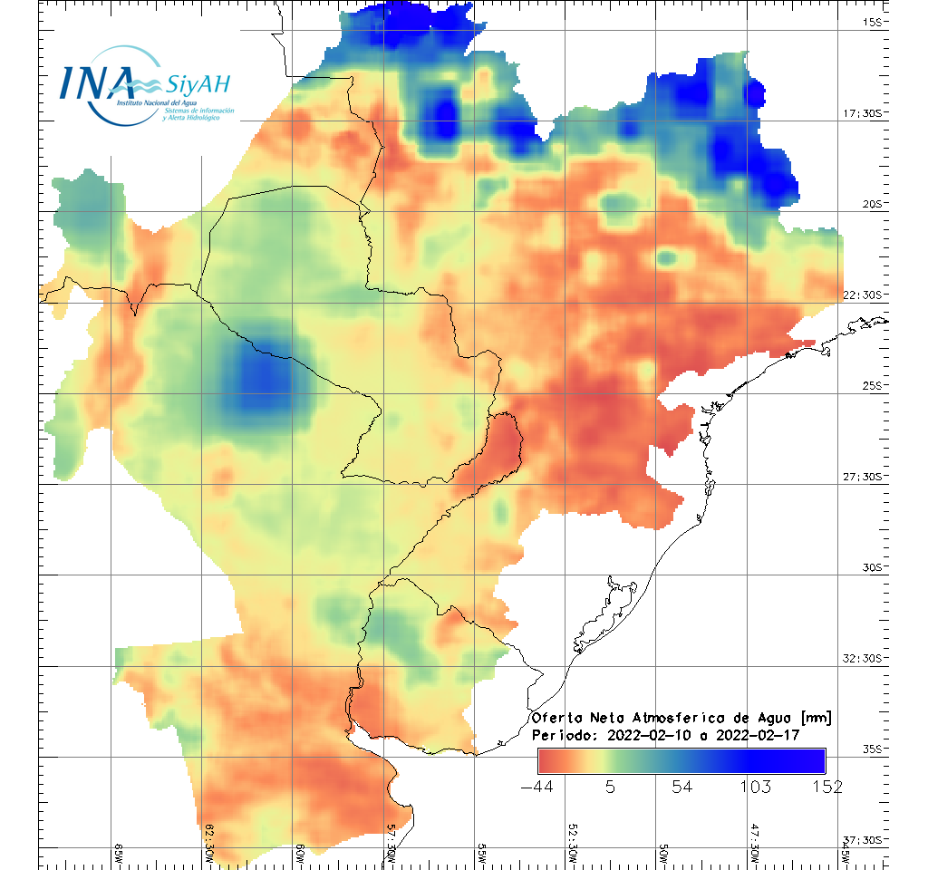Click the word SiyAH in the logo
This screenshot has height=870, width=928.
pyautogui.click(x=198, y=85)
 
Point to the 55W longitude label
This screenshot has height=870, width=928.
pyautogui.click(x=482, y=855)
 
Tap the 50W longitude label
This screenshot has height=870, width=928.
pyautogui.click(x=663, y=855)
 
